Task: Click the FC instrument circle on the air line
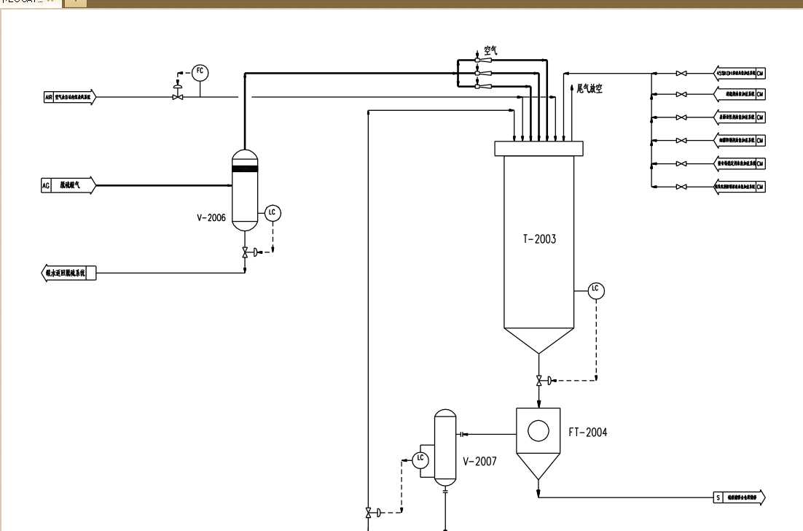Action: click(x=200, y=71)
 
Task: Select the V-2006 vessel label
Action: click(x=211, y=217)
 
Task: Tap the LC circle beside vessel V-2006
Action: click(x=273, y=213)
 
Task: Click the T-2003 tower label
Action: click(x=539, y=239)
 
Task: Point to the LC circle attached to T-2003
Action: click(x=596, y=290)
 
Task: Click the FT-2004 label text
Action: click(x=587, y=433)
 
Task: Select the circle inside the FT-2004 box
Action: click(x=538, y=431)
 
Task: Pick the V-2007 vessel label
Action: click(x=479, y=461)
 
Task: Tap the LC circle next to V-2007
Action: click(x=420, y=459)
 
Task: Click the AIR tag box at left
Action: click(x=49, y=96)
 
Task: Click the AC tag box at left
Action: click(x=46, y=186)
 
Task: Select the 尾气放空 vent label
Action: click(x=589, y=88)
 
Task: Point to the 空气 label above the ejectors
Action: click(x=490, y=50)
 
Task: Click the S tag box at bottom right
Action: click(x=718, y=498)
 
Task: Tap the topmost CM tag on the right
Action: click(x=760, y=73)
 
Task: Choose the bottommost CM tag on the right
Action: click(x=760, y=187)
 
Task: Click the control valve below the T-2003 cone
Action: click(x=539, y=380)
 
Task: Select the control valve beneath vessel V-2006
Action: click(x=245, y=252)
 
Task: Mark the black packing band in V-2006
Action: click(x=245, y=168)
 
